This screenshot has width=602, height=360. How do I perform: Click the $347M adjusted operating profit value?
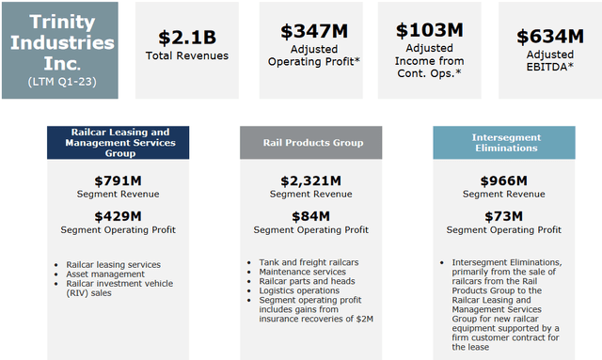[314, 30]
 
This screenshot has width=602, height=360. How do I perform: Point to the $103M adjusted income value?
[429, 30]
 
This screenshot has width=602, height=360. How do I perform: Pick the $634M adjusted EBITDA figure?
[549, 38]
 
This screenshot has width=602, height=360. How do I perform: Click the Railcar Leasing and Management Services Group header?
[119, 142]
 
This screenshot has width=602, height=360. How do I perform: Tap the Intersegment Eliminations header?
[503, 142]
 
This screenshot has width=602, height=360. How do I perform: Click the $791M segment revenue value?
[119, 180]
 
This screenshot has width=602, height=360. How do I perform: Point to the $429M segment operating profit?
[119, 216]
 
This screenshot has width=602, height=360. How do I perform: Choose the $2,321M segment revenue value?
[309, 180]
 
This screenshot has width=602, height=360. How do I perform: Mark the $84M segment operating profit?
[309, 216]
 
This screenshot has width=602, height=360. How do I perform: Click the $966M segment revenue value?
[503, 180]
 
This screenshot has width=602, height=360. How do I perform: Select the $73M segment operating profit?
[503, 216]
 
